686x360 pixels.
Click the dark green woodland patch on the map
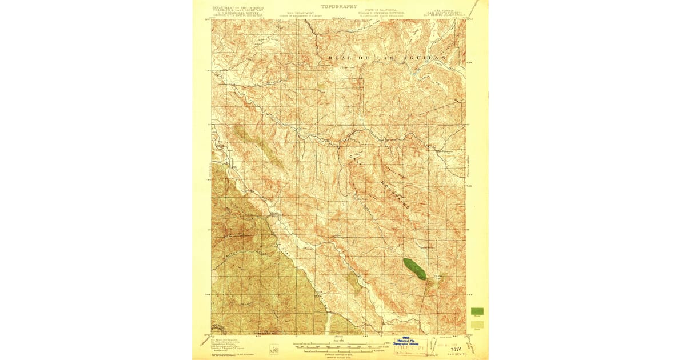(415, 269)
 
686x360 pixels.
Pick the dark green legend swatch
(477, 311)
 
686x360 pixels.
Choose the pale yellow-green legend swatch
(477, 325)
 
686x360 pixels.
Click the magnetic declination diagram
(273, 347)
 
